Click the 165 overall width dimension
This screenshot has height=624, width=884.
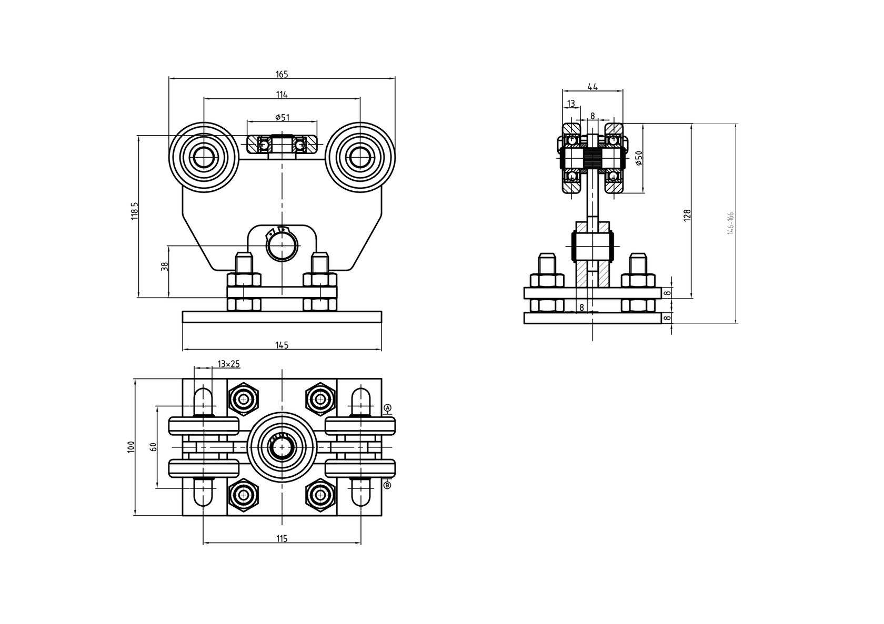282,74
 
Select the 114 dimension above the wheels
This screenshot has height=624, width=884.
282,95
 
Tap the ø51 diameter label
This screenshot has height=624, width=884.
282,117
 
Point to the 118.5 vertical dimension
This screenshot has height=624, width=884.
134,211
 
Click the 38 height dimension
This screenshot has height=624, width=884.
165,267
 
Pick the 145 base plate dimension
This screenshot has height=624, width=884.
282,345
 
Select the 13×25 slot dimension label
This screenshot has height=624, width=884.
228,364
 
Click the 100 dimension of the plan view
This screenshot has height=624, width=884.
131,447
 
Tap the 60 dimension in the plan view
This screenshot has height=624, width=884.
153,447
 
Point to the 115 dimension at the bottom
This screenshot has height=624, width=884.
282,539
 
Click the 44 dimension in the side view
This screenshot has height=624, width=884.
592,87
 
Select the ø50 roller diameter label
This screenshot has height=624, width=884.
639,158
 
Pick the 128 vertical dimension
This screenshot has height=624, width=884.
687,214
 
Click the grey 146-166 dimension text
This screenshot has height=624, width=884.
731,223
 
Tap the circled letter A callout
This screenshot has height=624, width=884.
388,408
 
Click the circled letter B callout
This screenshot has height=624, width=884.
388,485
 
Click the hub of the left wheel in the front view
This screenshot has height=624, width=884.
203,157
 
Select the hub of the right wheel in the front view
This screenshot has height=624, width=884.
360,157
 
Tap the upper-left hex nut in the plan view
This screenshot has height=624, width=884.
243,399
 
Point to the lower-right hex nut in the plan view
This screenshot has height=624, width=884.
320,495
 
